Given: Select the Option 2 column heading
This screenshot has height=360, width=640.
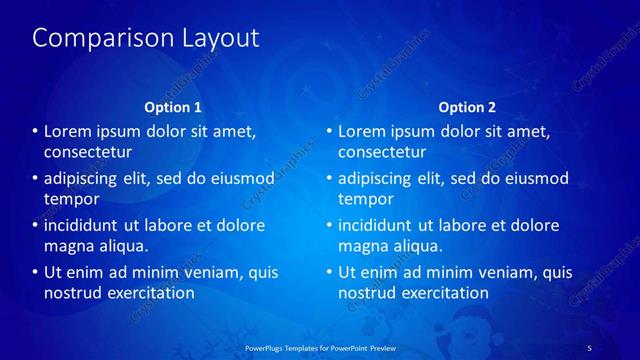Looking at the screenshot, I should (467, 106).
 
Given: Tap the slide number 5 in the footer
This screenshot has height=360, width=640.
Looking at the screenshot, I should (589, 347).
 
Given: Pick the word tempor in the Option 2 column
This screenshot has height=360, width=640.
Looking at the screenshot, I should (365, 199).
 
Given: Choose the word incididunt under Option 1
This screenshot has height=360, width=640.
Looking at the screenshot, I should (86, 226).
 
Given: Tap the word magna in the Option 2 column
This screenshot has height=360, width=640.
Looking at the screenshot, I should (362, 246).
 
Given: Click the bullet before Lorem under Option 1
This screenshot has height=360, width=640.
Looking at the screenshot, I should (35, 132).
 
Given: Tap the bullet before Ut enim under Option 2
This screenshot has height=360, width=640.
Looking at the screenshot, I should (329, 273).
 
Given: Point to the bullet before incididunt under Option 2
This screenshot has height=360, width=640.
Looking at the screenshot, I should (329, 226).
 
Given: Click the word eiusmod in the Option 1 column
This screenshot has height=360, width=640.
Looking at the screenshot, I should (239, 179).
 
